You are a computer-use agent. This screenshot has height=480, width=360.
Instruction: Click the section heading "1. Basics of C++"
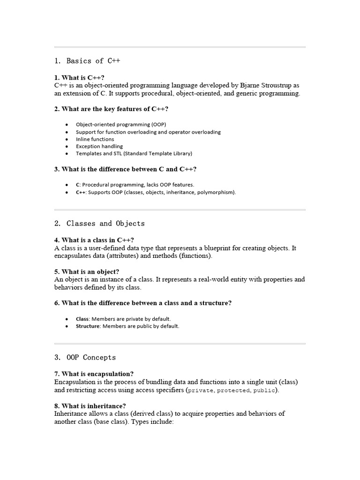click(87, 61)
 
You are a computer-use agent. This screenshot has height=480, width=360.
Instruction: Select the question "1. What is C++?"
click(79, 77)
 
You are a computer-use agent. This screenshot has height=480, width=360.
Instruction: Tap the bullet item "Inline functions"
click(95, 139)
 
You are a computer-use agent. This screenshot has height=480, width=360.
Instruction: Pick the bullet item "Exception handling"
click(99, 146)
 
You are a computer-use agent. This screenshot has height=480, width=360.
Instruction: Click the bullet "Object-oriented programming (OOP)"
click(121, 125)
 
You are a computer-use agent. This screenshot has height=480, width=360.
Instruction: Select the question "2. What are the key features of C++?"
click(111, 109)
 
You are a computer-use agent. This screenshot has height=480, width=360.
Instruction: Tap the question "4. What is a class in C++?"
click(94, 240)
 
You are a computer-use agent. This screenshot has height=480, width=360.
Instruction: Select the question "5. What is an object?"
click(87, 271)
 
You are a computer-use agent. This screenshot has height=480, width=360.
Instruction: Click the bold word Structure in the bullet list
click(88, 326)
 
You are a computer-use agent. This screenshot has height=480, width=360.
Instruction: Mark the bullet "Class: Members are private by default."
click(120, 319)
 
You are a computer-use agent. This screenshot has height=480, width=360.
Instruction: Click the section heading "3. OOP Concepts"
click(85, 357)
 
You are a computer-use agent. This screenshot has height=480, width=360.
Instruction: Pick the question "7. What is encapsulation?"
click(94, 374)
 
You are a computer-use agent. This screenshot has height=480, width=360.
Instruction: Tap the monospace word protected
click(233, 390)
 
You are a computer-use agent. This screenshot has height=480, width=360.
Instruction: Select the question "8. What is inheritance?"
click(90, 405)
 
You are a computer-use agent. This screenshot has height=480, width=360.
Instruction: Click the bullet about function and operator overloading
click(148, 132)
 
